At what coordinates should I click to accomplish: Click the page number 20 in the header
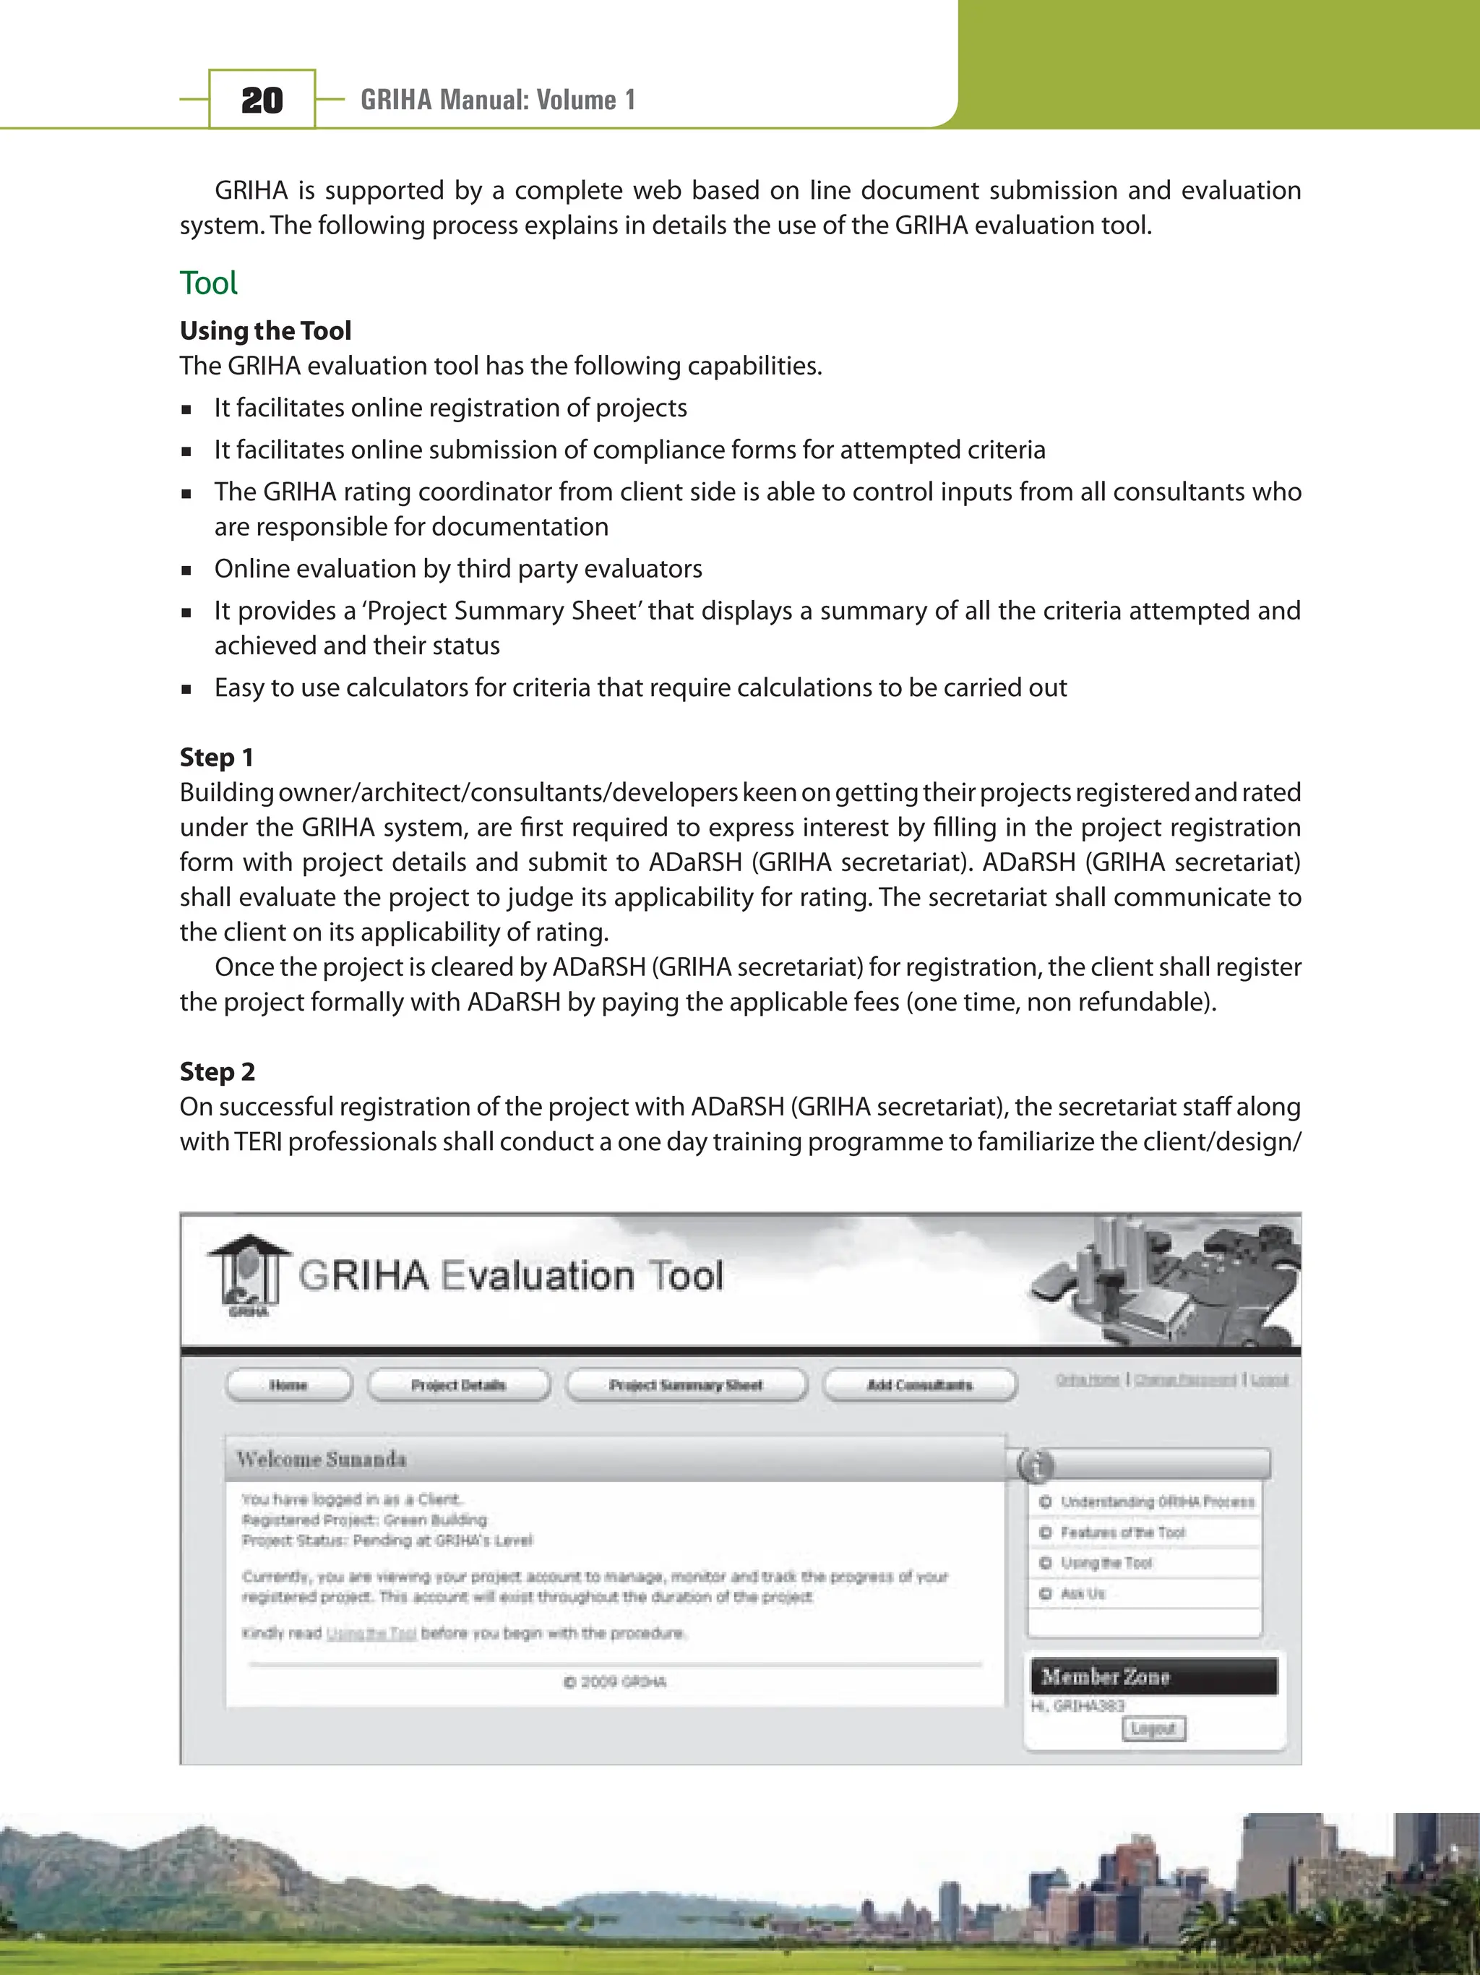(262, 100)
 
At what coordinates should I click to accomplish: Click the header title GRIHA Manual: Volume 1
(497, 100)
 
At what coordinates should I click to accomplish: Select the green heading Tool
(209, 283)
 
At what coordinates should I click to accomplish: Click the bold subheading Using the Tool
(265, 330)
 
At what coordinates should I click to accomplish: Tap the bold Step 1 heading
(216, 757)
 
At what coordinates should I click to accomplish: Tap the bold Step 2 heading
(217, 1071)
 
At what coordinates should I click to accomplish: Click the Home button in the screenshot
(288, 1385)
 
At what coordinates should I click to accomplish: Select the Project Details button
(458, 1385)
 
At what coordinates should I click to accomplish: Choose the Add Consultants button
(919, 1385)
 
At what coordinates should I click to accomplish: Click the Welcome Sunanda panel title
(322, 1459)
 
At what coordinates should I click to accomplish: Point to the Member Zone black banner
(1153, 1676)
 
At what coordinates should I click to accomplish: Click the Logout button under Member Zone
(1153, 1728)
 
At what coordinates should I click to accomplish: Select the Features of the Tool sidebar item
(1122, 1532)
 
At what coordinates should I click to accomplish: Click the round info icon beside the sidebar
(1036, 1465)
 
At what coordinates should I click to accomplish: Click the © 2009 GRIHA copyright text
(615, 1682)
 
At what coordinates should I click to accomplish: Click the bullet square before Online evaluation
(186, 570)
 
